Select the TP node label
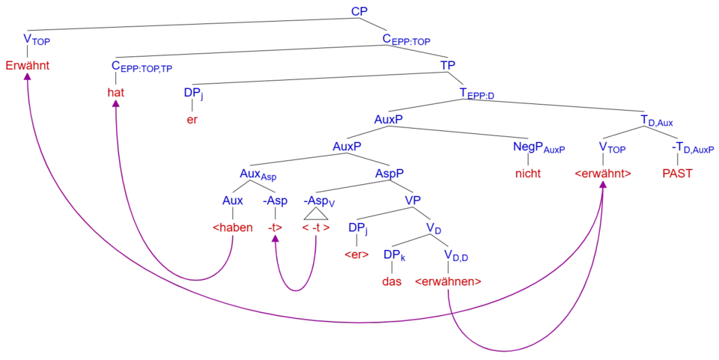[x=448, y=66]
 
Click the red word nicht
[x=529, y=174]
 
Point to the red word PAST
[x=677, y=174]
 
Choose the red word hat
[x=116, y=93]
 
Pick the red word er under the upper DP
[x=192, y=120]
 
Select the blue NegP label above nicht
[x=538, y=147]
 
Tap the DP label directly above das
[x=395, y=256]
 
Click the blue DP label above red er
[x=193, y=94]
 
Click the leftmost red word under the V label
[x=28, y=66]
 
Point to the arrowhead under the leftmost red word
[x=28, y=76]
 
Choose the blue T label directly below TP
[x=476, y=94]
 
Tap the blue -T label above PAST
[x=692, y=148]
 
